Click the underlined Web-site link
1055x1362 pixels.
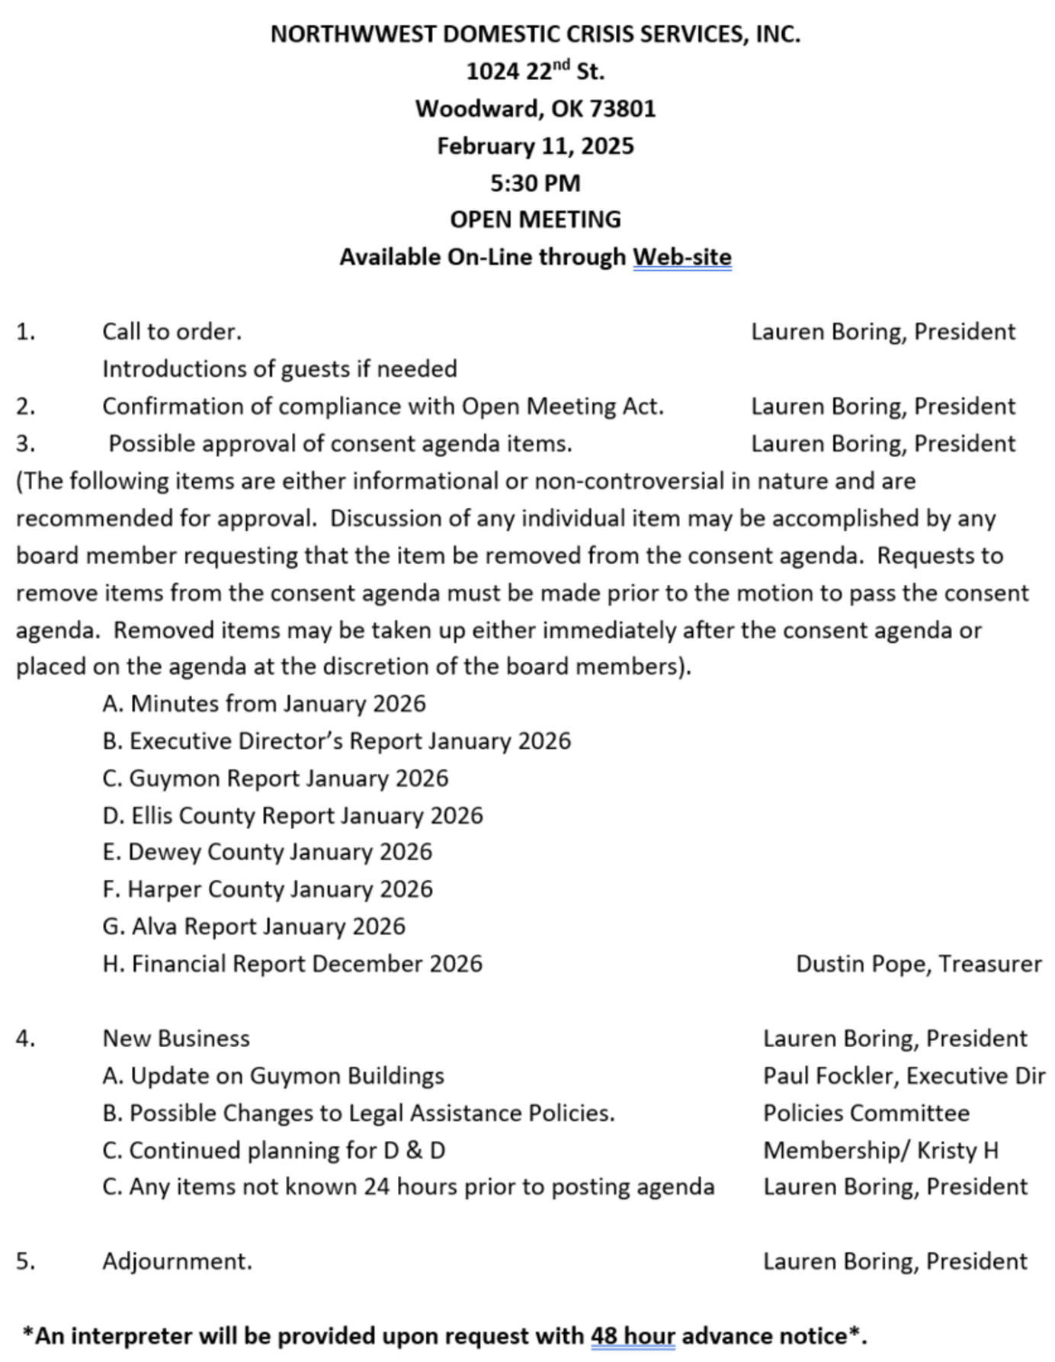[x=681, y=257]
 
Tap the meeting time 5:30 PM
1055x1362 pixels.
[x=535, y=183]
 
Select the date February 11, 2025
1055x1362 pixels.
[x=535, y=146]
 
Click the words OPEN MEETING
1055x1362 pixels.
[x=535, y=220]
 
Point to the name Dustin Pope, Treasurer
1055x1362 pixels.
[x=918, y=963]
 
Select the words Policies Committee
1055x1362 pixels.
[x=866, y=1113]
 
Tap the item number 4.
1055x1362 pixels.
[x=26, y=1039]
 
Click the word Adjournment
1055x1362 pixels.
[x=177, y=1261]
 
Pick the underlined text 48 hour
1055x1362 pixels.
[x=633, y=1336]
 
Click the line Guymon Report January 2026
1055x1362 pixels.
[x=275, y=778]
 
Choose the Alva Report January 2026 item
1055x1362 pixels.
[x=254, y=926]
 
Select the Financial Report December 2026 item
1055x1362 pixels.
[x=293, y=963]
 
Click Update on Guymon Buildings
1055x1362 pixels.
[x=274, y=1075]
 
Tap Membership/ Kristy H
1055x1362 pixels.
[x=880, y=1150]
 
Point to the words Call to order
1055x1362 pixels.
[x=172, y=332]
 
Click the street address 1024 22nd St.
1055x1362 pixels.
[x=535, y=72]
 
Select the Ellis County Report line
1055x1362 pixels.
[x=293, y=815]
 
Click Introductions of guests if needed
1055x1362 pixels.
[x=280, y=369]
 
